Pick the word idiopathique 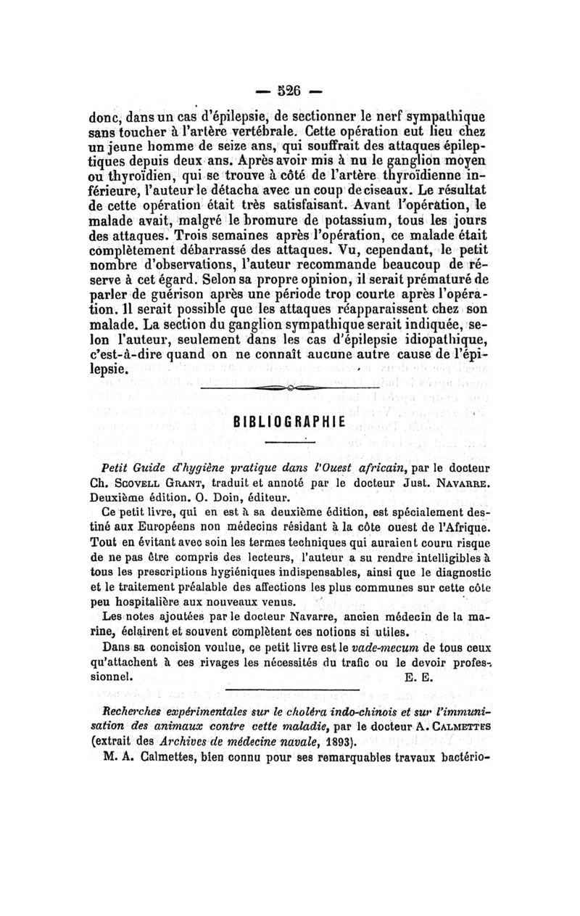[x=439, y=341]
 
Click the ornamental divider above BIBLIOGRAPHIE [x=289, y=390]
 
